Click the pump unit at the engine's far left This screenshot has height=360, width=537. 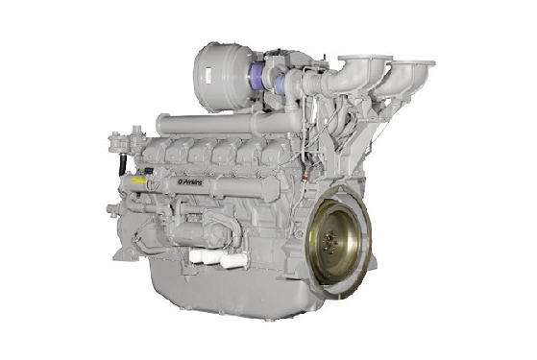pyautogui.click(x=119, y=154)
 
